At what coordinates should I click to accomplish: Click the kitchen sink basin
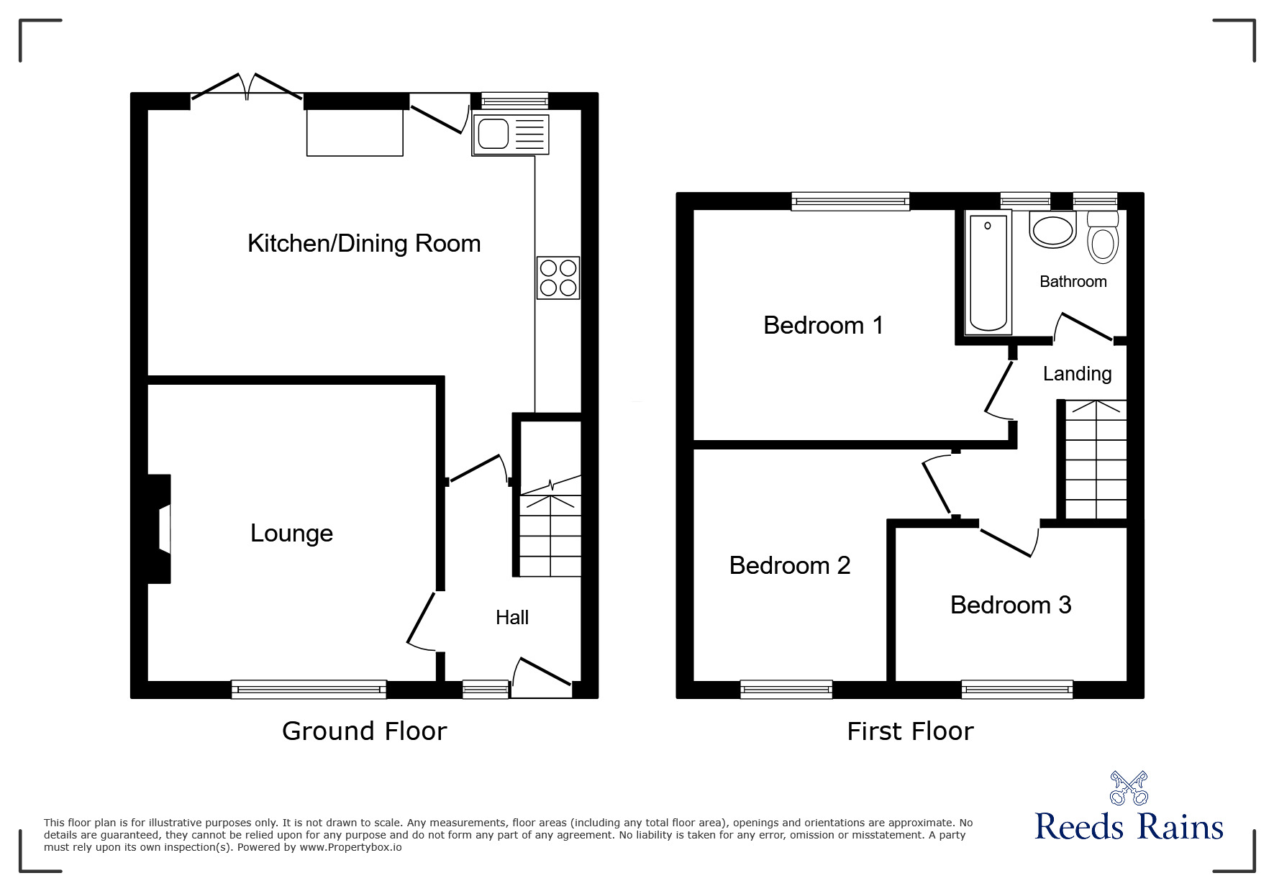(493, 134)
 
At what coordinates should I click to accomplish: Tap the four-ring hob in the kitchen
(558, 278)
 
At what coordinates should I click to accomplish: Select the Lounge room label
(291, 533)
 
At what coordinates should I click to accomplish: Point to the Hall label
(512, 617)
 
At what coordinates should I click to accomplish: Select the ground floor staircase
(550, 532)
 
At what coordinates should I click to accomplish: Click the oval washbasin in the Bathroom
(1052, 232)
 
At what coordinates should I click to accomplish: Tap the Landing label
(1077, 374)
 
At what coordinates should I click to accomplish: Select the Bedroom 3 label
(1011, 605)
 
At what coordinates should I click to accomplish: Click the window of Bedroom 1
(850, 201)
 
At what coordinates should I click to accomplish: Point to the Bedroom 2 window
(786, 690)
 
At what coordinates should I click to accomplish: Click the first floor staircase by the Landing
(1095, 460)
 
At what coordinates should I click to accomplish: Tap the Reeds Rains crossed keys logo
(1129, 787)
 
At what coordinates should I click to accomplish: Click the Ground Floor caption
(364, 731)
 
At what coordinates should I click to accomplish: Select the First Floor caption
(910, 731)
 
